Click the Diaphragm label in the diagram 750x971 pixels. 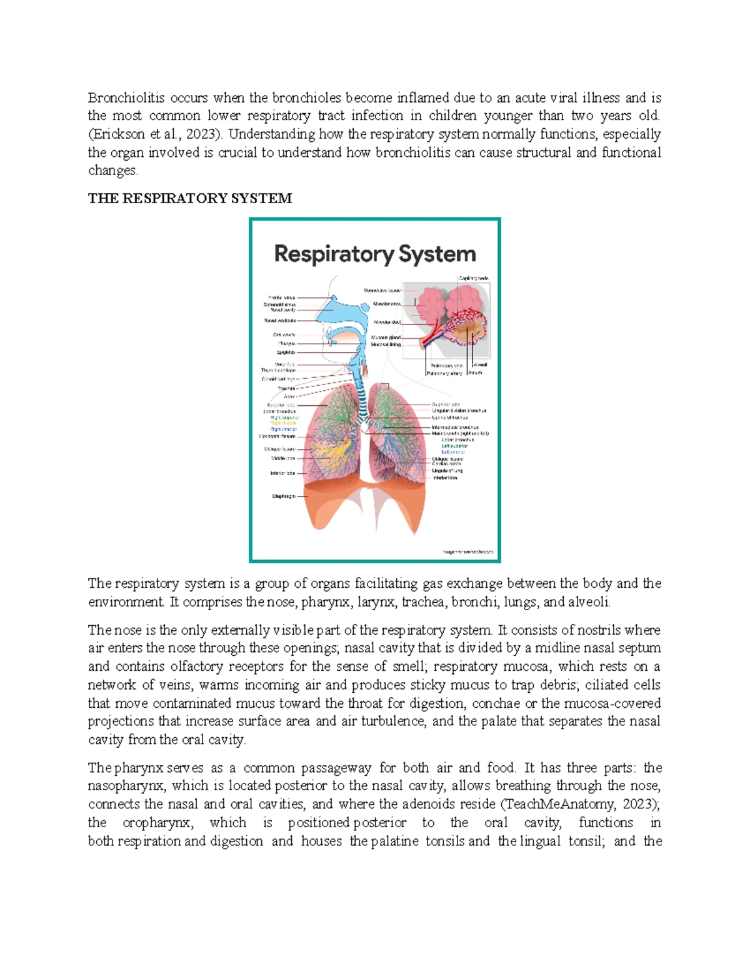point(283,496)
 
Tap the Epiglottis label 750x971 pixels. point(286,352)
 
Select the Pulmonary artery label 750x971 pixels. point(444,373)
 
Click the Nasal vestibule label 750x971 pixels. point(279,321)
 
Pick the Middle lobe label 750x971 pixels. point(282,458)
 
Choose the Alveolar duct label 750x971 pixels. point(387,323)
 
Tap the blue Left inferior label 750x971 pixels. point(453,451)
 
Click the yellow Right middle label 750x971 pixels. point(283,423)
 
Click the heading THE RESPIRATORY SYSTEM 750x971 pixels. point(189,199)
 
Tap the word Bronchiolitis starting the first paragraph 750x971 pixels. point(126,98)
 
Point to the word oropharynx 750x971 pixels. point(157,823)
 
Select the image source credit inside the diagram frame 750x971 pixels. point(467,552)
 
